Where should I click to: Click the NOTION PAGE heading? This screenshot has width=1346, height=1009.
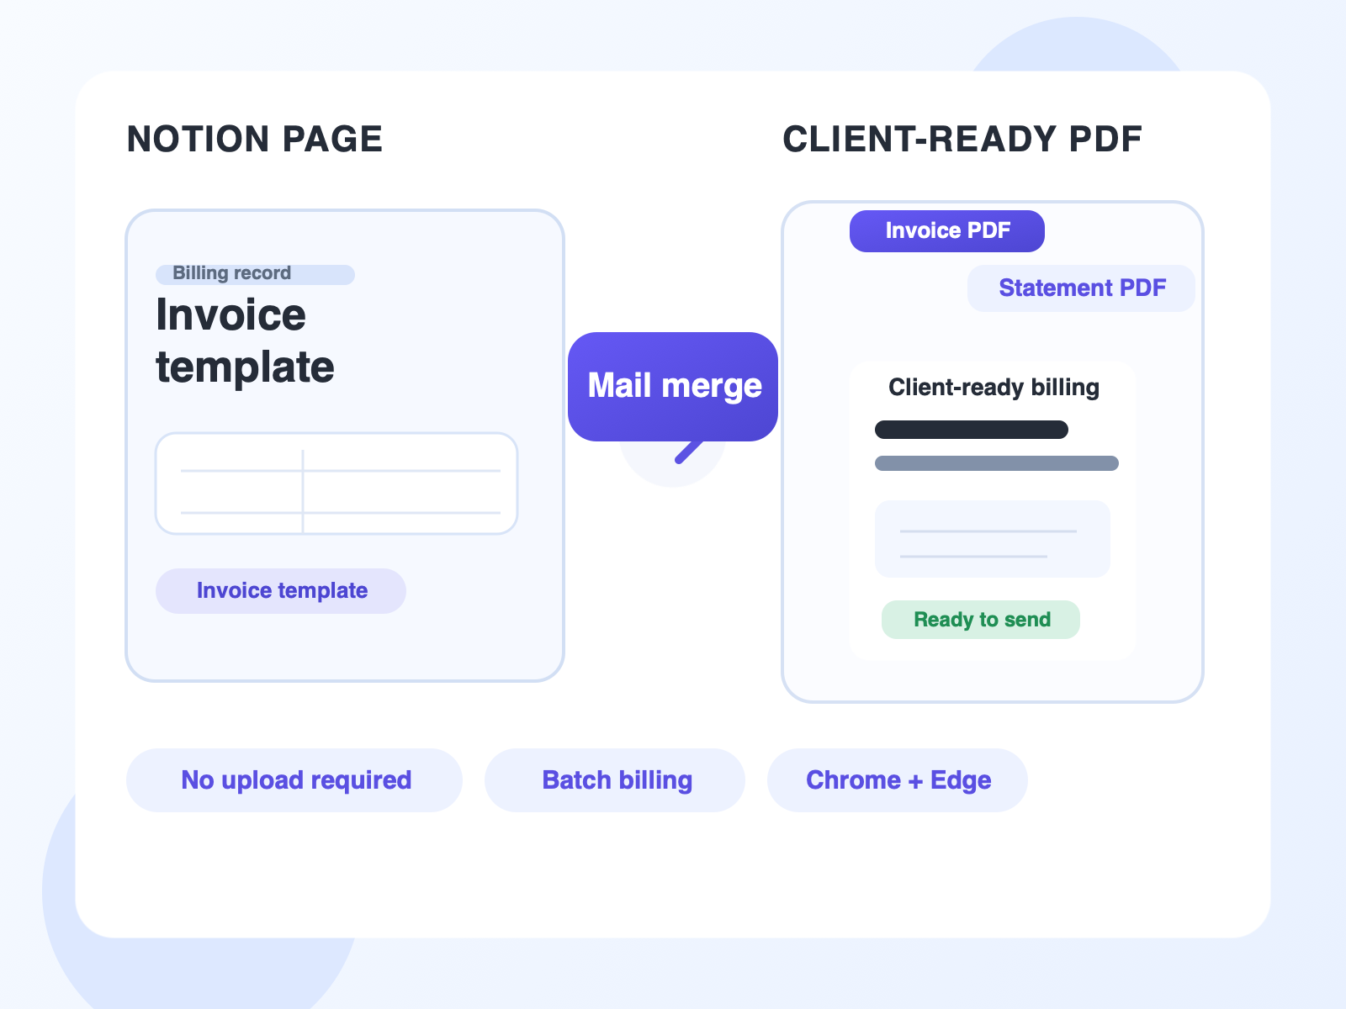tap(255, 139)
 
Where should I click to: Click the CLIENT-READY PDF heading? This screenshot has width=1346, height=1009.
tap(962, 139)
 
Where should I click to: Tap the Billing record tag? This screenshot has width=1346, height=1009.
tap(255, 274)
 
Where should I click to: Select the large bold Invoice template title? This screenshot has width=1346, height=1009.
tap(245, 340)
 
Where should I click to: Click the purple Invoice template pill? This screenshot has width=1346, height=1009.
tap(281, 590)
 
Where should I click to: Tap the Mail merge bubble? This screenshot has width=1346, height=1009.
tap(673, 387)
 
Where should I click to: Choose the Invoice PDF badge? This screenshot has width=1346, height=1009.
tap(946, 231)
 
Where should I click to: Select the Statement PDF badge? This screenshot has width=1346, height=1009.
tap(1081, 288)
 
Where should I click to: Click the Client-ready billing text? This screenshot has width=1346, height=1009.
tap(994, 388)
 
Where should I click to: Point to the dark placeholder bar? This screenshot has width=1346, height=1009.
tap(972, 430)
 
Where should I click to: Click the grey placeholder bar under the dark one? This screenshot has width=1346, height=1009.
tap(997, 463)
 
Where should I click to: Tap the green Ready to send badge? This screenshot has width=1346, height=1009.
tap(981, 620)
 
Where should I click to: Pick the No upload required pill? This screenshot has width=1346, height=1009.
tap(294, 780)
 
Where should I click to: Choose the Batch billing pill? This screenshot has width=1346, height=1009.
tap(614, 780)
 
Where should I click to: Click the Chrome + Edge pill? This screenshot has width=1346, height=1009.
tap(897, 780)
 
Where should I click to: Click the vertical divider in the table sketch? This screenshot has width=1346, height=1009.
tap(303, 491)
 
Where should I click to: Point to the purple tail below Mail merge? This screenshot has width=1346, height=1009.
tap(689, 452)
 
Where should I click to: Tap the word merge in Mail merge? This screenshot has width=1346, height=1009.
tap(712, 387)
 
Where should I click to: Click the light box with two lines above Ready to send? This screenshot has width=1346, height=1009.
tap(992, 539)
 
